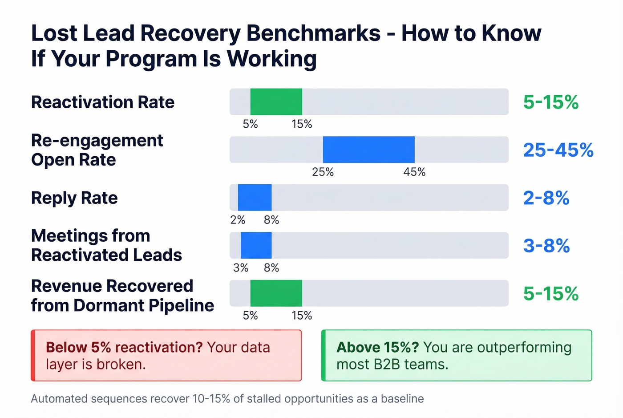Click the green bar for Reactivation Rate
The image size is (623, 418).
tap(276, 102)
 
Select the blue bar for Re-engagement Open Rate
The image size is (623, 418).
tap(368, 150)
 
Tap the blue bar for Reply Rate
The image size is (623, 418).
tap(255, 198)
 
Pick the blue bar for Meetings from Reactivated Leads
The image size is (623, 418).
tap(256, 245)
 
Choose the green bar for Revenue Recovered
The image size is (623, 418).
tap(276, 293)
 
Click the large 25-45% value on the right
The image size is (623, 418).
tap(558, 150)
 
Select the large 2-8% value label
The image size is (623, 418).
tap(546, 198)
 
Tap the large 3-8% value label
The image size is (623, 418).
tap(546, 246)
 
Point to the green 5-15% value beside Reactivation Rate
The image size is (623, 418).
tap(550, 102)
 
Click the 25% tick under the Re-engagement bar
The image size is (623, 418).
tap(323, 172)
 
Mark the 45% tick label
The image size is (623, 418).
tap(414, 172)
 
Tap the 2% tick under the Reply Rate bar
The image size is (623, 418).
tap(238, 220)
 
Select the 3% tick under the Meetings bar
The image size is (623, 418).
tap(241, 268)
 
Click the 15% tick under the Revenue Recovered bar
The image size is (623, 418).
tap(302, 316)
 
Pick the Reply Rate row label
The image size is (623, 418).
tap(74, 198)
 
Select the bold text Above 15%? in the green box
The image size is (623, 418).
tap(377, 347)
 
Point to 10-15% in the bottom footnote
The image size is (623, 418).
tap(211, 399)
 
